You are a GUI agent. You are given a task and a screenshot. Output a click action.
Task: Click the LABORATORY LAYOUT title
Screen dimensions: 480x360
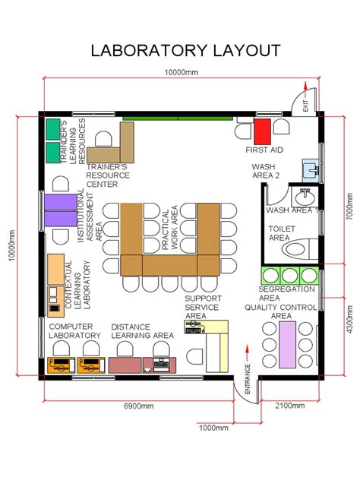coord(185,51)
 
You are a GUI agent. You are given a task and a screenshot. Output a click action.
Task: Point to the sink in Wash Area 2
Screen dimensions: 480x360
coord(311,169)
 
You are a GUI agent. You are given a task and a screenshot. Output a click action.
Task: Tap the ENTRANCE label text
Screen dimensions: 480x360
coord(247,377)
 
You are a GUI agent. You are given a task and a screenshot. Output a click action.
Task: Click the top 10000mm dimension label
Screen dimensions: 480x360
coord(182,72)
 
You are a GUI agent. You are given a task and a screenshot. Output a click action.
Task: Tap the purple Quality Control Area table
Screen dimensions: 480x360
coord(288,345)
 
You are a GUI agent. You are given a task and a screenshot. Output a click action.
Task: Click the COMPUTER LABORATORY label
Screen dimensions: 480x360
coord(74,330)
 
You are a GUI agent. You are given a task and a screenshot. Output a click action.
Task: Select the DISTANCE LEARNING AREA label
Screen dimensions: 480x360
coord(142,330)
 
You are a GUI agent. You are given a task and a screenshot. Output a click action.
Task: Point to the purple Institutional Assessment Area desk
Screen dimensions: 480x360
coord(58,209)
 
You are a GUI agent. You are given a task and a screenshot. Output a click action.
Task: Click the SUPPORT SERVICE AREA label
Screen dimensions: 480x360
coord(202,307)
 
